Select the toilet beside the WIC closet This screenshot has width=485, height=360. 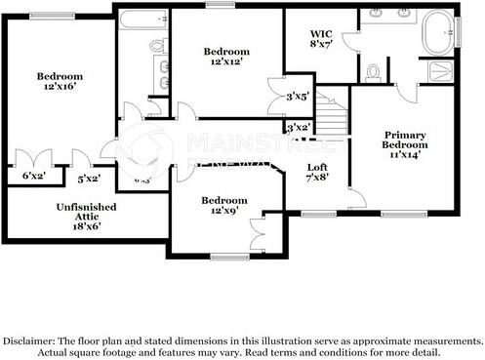click(x=374, y=71)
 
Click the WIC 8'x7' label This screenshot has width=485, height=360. click(x=321, y=38)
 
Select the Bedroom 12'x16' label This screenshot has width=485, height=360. click(x=60, y=81)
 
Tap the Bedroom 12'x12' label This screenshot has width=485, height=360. click(x=226, y=56)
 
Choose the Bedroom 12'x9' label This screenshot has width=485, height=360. click(x=224, y=206)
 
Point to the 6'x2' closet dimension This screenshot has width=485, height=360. click(x=33, y=177)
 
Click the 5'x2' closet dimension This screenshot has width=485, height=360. click(x=89, y=179)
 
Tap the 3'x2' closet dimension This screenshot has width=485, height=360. click(x=298, y=128)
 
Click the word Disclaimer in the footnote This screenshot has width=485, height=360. click(x=30, y=340)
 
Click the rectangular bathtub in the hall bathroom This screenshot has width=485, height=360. click(x=143, y=20)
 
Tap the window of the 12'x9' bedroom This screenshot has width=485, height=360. click(x=229, y=257)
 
